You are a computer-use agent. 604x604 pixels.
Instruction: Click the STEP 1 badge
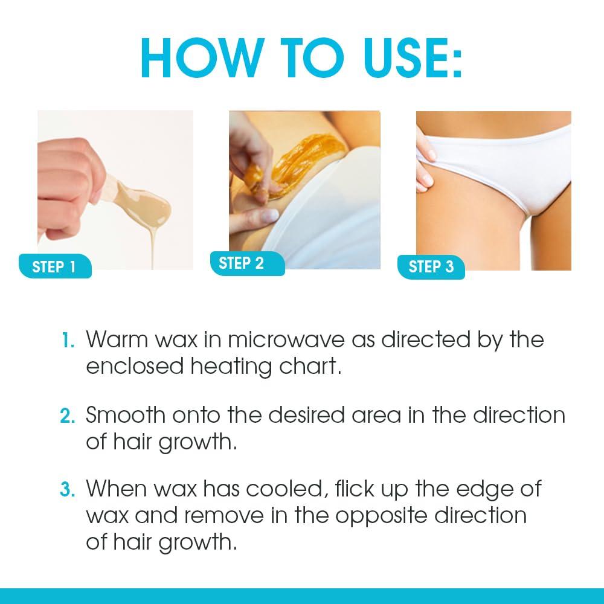pos(54,266)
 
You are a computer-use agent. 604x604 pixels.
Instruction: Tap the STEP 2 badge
pos(242,263)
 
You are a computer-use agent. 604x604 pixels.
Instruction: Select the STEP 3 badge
pos(431,266)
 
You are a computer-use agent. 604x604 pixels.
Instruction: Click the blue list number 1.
pos(68,340)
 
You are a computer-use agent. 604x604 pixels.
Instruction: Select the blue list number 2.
pos(67,416)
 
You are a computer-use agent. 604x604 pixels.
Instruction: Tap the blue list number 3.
pos(67,489)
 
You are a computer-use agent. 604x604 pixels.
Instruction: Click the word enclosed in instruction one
pos(135,367)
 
